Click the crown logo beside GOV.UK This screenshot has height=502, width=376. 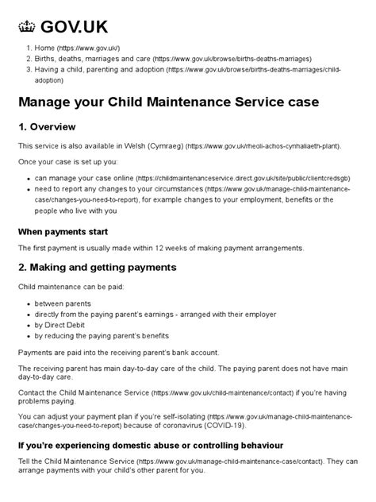coord(28,28)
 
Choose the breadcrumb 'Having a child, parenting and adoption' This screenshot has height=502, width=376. coord(100,70)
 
